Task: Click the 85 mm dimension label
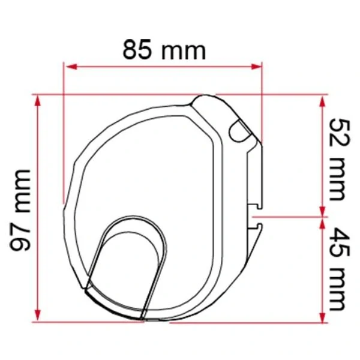tap(164, 50)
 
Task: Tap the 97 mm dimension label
tap(20, 210)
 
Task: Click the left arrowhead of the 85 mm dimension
tap(71, 67)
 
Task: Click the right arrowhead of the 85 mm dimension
tap(256, 67)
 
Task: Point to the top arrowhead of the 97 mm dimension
tap(38, 101)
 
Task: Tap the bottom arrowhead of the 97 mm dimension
tap(38, 316)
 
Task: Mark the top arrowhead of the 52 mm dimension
tap(323, 101)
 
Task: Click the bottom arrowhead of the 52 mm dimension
tap(323, 211)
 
